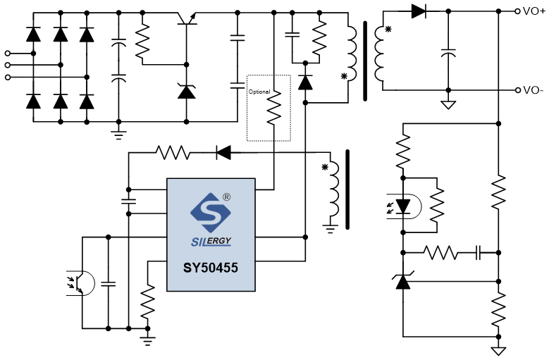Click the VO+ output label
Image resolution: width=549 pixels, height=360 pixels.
(533, 11)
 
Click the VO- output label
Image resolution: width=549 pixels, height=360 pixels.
(533, 90)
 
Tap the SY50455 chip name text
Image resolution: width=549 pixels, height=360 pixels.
(211, 268)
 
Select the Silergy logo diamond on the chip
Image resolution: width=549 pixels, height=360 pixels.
(211, 213)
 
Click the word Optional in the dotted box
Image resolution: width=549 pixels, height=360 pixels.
(259, 92)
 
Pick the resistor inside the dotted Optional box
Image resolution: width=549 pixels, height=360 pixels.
(274, 107)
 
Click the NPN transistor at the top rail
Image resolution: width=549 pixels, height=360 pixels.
(187, 19)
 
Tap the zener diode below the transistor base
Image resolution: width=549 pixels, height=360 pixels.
(187, 92)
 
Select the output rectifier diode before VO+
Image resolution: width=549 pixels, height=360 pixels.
(419, 11)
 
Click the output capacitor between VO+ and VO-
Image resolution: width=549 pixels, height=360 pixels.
(448, 53)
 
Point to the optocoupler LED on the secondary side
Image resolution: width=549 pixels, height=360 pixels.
(402, 206)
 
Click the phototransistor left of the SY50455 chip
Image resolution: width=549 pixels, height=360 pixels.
(81, 283)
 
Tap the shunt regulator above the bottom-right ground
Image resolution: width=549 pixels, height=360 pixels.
(403, 281)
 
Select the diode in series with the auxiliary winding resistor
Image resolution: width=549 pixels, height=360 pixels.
(223, 153)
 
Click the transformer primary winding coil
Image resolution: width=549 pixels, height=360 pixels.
(352, 53)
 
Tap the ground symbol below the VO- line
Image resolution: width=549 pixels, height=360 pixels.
(448, 104)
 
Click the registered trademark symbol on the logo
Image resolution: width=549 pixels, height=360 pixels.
(227, 197)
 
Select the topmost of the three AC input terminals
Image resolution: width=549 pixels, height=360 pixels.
(8, 53)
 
